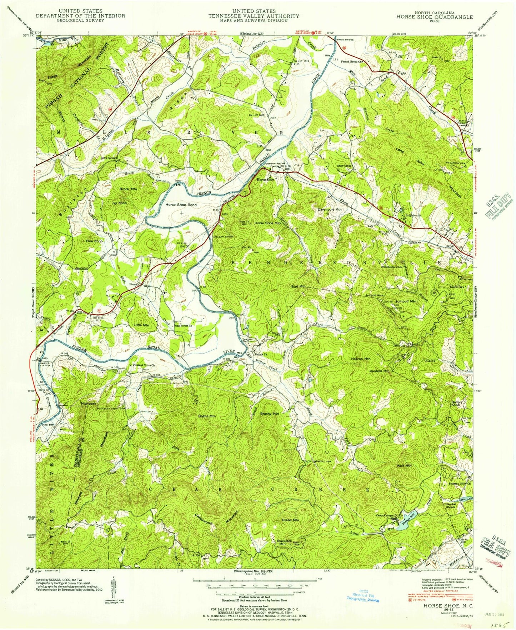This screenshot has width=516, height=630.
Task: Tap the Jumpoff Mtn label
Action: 406,301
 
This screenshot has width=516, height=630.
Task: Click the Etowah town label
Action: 134,284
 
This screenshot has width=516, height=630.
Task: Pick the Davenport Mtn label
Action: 330,210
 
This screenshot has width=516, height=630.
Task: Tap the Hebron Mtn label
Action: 361,359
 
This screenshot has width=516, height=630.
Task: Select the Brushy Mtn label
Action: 269,414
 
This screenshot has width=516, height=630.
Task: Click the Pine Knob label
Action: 94,241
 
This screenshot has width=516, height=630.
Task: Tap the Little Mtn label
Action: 141,325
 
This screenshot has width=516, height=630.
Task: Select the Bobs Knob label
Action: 457,404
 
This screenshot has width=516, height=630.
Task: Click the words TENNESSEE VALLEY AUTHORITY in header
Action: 254,16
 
